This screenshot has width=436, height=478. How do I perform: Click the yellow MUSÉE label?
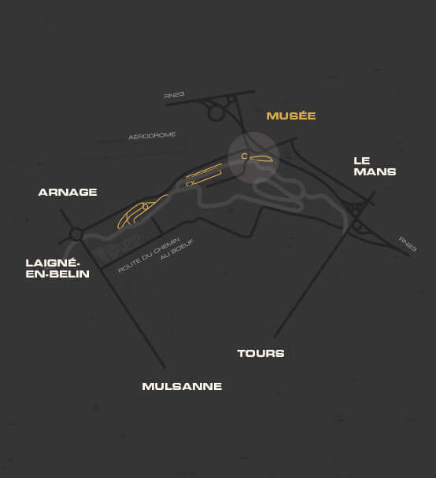click(x=291, y=116)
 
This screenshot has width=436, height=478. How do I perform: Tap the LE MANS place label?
click(x=375, y=167)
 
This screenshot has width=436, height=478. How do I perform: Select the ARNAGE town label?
click(x=68, y=192)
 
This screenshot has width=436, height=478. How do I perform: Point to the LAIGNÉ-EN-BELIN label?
click(x=57, y=268)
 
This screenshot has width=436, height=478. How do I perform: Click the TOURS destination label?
click(x=260, y=353)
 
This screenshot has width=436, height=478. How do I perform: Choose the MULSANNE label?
click(x=182, y=386)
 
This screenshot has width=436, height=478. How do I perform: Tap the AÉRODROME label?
click(x=152, y=136)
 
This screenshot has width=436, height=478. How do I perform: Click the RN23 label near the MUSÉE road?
click(x=174, y=95)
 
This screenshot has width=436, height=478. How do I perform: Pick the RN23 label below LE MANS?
click(x=408, y=244)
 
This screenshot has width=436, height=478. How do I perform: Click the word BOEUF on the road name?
click(x=177, y=250)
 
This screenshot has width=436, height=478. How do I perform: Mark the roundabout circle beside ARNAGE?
click(x=76, y=234)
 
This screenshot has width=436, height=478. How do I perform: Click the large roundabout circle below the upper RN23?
click(x=216, y=113)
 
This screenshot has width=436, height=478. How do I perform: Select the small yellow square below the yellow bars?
click(x=190, y=184)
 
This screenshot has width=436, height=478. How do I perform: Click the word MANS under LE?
click(x=375, y=171)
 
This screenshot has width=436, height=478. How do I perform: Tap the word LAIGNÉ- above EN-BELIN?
click(x=53, y=263)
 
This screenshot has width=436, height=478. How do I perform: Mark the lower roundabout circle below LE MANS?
click(x=357, y=226)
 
